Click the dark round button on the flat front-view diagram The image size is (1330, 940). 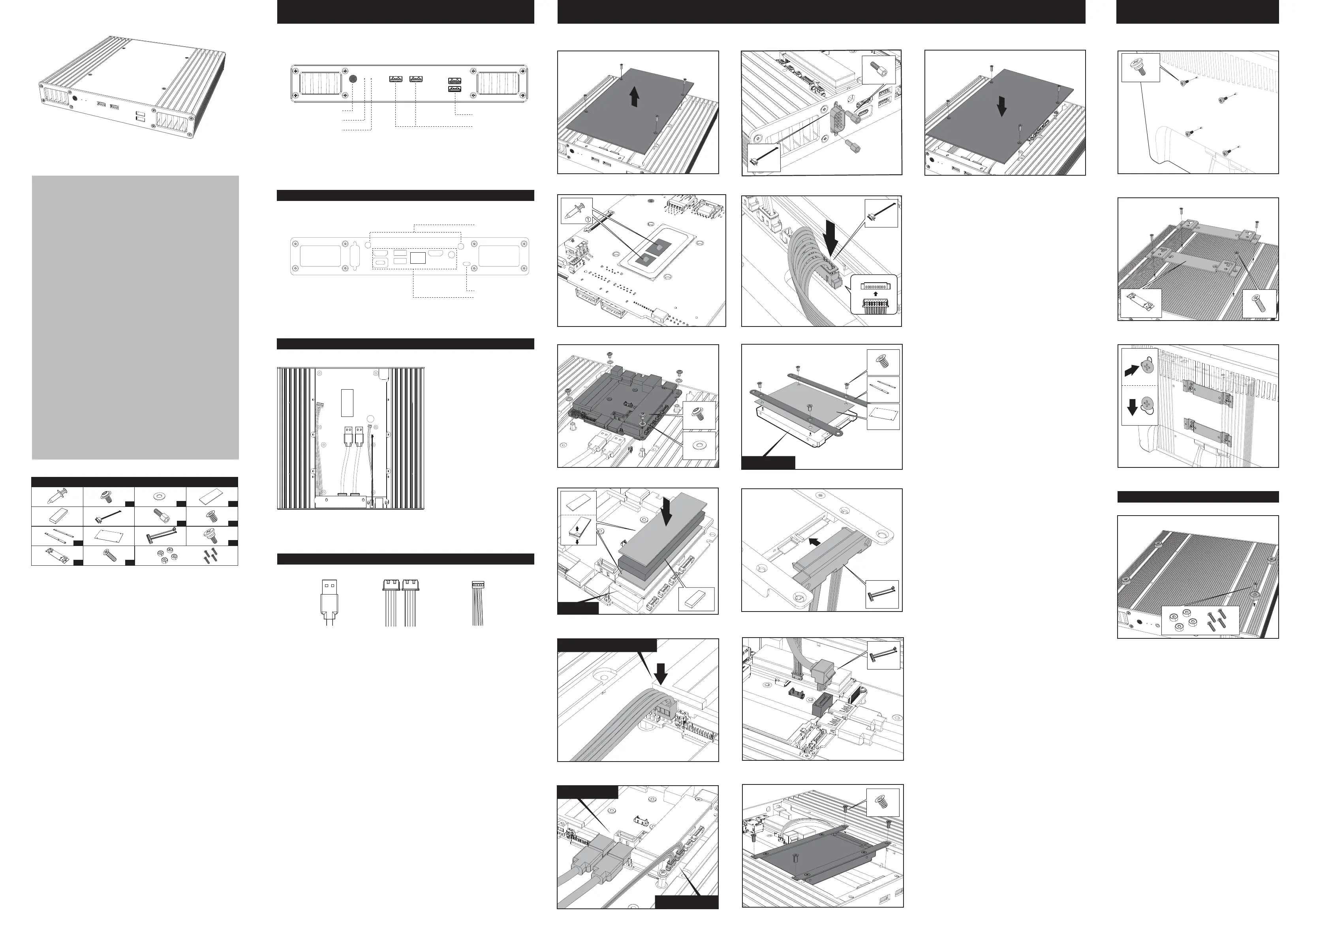coord(353,78)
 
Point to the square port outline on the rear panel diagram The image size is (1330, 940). coord(418,257)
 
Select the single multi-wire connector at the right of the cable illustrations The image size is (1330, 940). coord(478,602)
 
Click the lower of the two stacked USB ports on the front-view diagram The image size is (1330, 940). coord(454,90)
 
